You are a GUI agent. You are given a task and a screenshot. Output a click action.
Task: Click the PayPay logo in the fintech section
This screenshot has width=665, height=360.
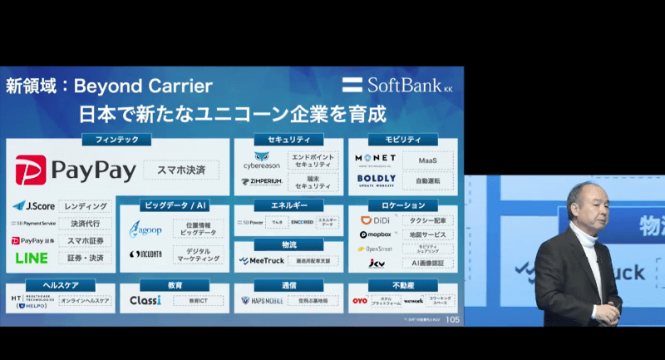76,170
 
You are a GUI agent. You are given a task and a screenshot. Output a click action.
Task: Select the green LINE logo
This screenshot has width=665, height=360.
32,258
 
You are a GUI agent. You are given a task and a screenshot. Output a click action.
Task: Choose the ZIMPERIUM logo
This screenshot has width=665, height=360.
261,180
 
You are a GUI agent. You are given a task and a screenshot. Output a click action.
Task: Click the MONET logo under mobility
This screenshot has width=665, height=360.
376,158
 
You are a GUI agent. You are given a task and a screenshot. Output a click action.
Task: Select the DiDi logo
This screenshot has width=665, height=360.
375,220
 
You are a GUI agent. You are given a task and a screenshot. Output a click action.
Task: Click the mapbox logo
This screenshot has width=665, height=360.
375,234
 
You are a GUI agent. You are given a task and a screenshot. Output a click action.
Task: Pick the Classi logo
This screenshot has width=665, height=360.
145,300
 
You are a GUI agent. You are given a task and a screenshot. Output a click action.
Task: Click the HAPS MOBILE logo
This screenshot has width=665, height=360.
262,300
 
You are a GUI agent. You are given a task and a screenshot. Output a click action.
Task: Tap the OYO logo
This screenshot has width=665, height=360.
359,300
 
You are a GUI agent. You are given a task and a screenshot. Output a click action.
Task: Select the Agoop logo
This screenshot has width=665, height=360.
145,229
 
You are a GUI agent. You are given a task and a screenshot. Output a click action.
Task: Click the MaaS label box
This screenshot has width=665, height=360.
427,159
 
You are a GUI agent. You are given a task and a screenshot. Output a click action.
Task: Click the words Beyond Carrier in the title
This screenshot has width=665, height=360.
143,86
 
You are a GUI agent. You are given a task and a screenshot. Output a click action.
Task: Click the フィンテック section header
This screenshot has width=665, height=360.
116,140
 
